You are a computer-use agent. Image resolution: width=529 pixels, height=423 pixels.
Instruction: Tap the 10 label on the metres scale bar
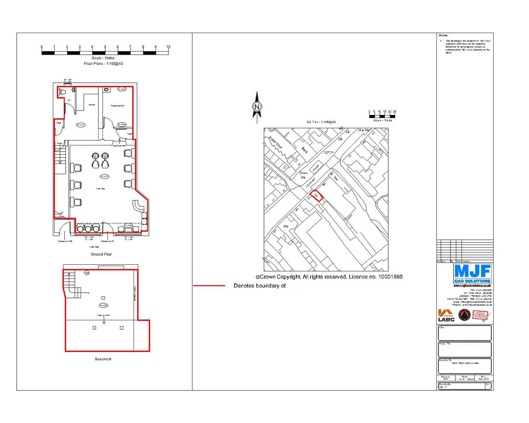(x=168, y=47)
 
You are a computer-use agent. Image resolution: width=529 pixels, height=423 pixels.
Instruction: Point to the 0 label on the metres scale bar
(x=41, y=47)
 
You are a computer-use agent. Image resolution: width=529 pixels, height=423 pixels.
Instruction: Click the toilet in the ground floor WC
(x=62, y=92)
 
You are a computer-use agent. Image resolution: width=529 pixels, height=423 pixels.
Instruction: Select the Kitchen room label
(x=92, y=104)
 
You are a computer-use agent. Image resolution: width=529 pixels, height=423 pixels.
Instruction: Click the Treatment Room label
(x=117, y=106)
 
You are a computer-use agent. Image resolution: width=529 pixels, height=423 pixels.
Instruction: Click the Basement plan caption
(x=103, y=359)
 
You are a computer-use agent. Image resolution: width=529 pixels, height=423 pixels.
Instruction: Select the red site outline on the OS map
(x=316, y=195)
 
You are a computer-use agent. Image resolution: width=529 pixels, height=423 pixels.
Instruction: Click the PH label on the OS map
(x=286, y=226)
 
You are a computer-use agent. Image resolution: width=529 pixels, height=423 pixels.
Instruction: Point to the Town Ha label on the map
(x=303, y=175)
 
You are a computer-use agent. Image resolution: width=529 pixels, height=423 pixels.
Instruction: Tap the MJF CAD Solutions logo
(x=472, y=274)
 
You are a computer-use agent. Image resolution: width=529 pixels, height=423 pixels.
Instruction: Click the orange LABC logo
(x=446, y=315)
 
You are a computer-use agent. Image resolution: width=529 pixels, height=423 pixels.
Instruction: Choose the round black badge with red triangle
(x=463, y=315)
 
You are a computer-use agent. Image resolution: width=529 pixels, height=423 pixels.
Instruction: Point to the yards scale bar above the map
(x=382, y=115)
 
